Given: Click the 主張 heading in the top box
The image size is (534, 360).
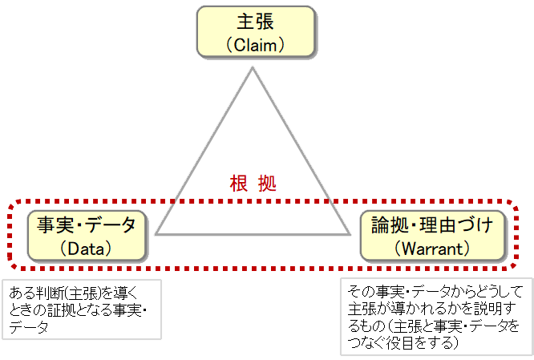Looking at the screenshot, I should [255, 22].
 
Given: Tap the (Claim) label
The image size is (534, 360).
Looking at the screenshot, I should [255, 46].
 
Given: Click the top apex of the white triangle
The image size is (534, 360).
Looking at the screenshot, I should [253, 68].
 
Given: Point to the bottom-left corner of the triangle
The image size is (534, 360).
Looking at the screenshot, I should [157, 234].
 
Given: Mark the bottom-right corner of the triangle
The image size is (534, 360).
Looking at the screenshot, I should [349, 234].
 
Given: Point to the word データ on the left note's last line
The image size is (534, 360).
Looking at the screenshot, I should [29, 328].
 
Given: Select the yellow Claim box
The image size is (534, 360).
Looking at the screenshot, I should [255, 33].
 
